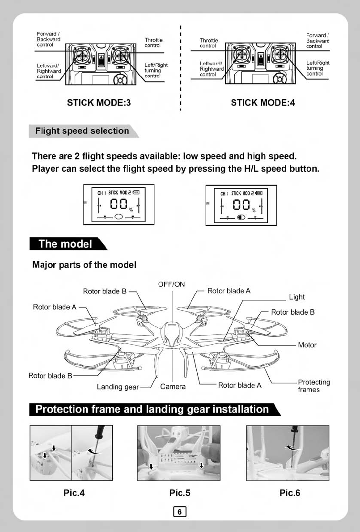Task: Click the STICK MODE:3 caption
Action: (99, 102)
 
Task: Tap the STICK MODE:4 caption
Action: (263, 102)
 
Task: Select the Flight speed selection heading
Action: (82, 131)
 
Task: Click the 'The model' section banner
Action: (65, 244)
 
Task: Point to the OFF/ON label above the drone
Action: (171, 284)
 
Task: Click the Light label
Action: (296, 297)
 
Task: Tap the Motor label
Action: (307, 345)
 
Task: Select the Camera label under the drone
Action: (173, 386)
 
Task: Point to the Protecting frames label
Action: (313, 386)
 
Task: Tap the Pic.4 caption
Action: (74, 493)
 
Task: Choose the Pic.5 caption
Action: (180, 493)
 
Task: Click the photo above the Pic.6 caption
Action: (288, 453)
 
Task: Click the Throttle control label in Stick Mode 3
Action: (153, 42)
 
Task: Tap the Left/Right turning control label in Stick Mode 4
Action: (318, 68)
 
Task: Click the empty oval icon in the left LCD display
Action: (119, 216)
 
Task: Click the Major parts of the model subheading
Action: (85, 265)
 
